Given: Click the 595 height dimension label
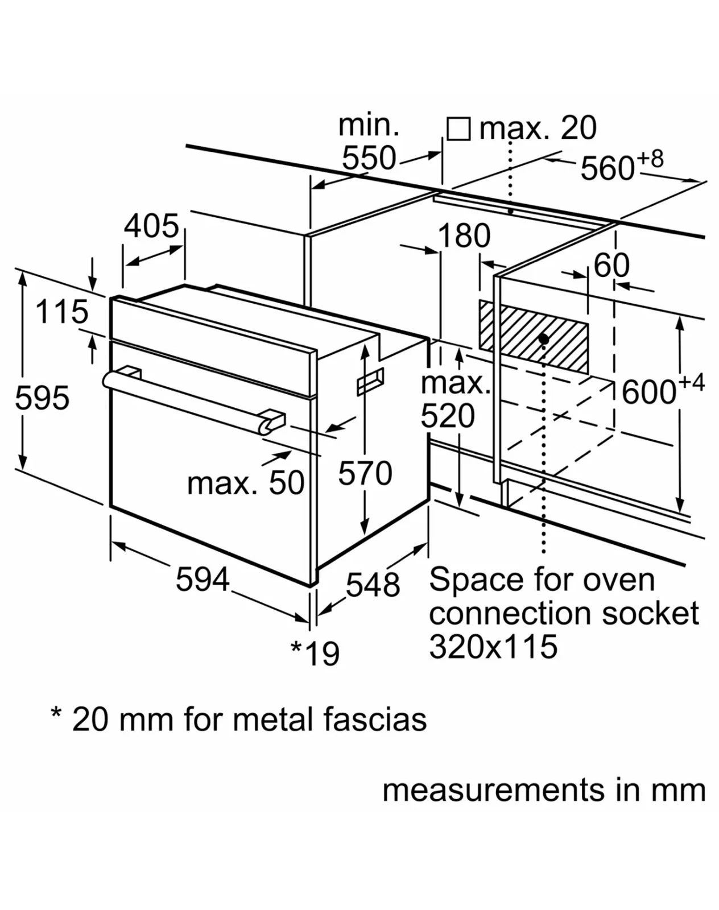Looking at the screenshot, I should pyautogui.click(x=42, y=398).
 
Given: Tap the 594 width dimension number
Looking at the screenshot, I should pyautogui.click(x=203, y=580).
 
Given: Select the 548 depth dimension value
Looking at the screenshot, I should pyautogui.click(x=373, y=584).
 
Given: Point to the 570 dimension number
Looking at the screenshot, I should pyautogui.click(x=365, y=473).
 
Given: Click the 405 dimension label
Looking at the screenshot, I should pyautogui.click(x=151, y=226).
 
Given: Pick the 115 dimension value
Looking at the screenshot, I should pyautogui.click(x=62, y=312).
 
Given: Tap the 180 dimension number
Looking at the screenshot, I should pyautogui.click(x=464, y=235).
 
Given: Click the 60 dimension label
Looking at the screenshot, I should pyautogui.click(x=611, y=265).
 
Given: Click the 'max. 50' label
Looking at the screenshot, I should pyautogui.click(x=246, y=483).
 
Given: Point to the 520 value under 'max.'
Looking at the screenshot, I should pyautogui.click(x=448, y=416).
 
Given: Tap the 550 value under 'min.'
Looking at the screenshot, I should pyautogui.click(x=369, y=158).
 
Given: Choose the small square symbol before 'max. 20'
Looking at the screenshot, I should pyautogui.click(x=458, y=129).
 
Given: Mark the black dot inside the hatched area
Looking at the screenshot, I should pyautogui.click(x=544, y=339).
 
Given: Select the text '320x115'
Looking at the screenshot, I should pyautogui.click(x=493, y=647).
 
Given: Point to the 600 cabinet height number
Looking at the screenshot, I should pyautogui.click(x=648, y=392).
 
